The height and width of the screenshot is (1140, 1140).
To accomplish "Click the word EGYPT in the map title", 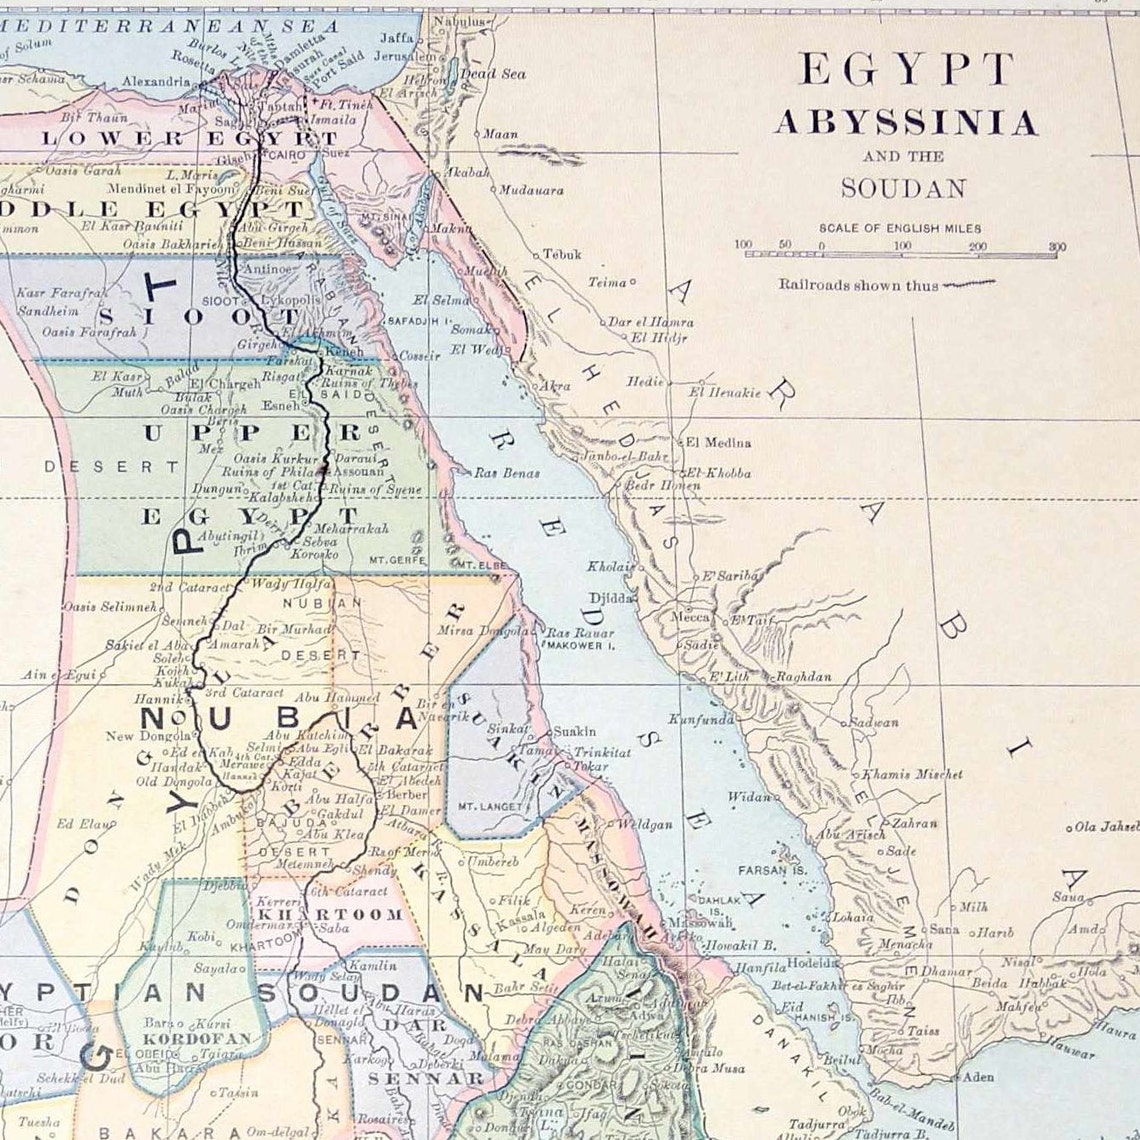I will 905,70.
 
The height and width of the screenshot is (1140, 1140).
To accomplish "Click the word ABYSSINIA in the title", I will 905,124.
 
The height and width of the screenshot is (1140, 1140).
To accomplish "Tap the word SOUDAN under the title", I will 903,188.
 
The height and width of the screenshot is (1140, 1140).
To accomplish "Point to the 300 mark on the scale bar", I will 1057,246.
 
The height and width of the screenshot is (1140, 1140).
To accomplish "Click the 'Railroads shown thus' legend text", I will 858,285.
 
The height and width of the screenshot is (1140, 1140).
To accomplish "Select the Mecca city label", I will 691,617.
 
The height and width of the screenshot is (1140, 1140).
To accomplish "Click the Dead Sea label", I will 500,74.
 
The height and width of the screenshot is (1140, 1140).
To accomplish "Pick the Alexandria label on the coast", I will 155,81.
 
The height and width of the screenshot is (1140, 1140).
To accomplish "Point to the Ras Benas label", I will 500,472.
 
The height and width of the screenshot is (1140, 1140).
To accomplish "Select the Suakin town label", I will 574,731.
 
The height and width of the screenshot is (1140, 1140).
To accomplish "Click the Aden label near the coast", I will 977,1077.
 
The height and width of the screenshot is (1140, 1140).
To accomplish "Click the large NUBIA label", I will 280,719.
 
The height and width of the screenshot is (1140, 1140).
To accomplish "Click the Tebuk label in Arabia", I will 561,255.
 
